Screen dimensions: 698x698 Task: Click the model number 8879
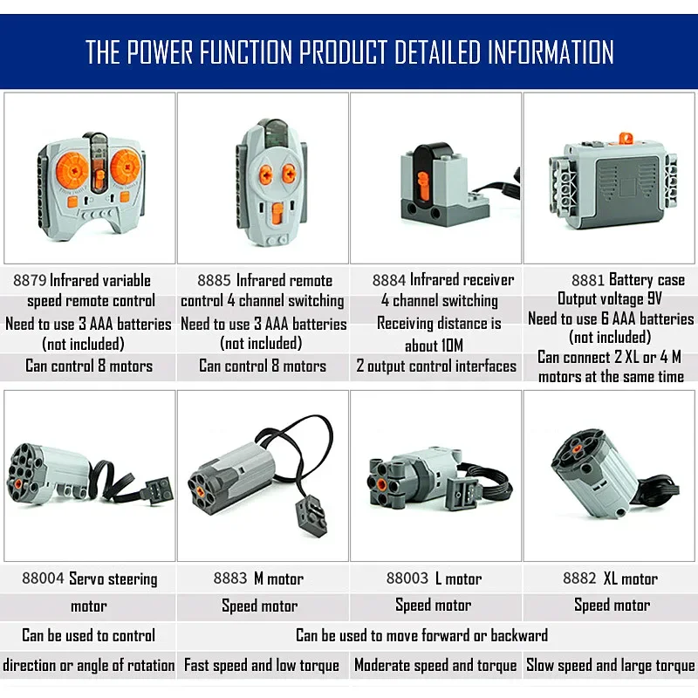30,280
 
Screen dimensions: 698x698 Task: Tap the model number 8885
214,280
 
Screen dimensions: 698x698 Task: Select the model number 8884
389,280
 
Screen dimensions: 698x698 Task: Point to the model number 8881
588,280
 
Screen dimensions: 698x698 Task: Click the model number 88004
43,578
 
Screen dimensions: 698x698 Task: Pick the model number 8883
230,578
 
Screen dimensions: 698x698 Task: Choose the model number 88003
407,578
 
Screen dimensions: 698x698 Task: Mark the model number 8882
579,578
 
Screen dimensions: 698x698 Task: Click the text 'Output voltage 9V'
610,299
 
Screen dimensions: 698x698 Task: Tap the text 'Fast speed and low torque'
262,666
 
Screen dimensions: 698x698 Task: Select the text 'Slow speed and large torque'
611,666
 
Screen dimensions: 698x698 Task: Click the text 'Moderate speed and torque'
435,666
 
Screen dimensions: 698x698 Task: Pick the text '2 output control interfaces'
436,366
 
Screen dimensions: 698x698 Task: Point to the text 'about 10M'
434,345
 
